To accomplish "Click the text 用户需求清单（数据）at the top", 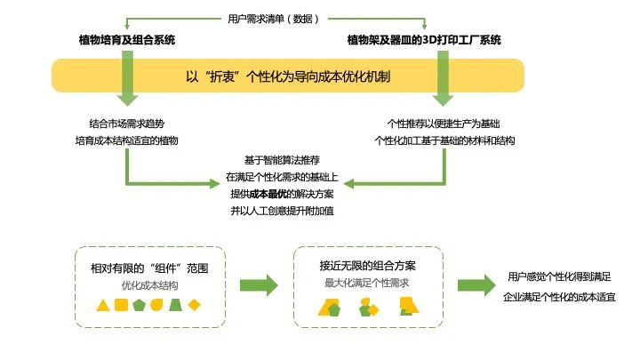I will (x=269, y=18).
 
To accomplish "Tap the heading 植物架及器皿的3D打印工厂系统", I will (x=424, y=40).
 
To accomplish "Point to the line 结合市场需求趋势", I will (x=127, y=124).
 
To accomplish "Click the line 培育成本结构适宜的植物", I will (x=127, y=140).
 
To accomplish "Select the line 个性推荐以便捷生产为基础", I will (x=443, y=124).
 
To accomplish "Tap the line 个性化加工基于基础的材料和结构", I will (x=445, y=140).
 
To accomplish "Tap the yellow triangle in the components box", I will (x=104, y=305).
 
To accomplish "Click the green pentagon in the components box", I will (x=139, y=305).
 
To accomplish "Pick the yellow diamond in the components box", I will (x=194, y=305).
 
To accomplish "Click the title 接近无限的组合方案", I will (x=368, y=266).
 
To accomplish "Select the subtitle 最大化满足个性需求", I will (x=367, y=283).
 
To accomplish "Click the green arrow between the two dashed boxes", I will (x=259, y=285).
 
